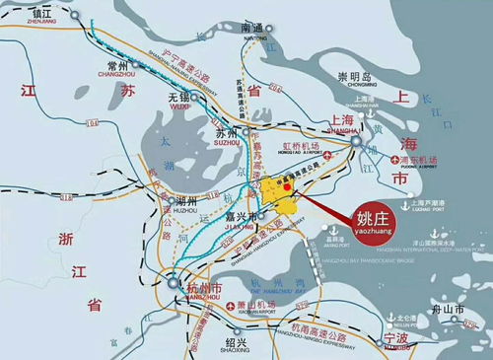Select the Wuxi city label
pyautogui.click(x=178, y=99)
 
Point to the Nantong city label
pyautogui.click(x=253, y=30)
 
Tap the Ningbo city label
pyautogui.click(x=396, y=337)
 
